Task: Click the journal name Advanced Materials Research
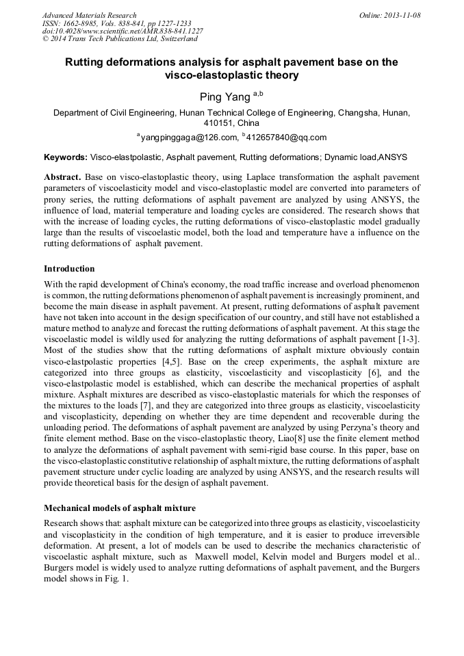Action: pos(89,15)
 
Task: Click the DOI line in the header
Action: pos(123,31)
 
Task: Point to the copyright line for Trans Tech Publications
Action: pos(120,40)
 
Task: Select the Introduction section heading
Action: pos(69,269)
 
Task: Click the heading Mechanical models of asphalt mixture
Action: pos(120,508)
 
